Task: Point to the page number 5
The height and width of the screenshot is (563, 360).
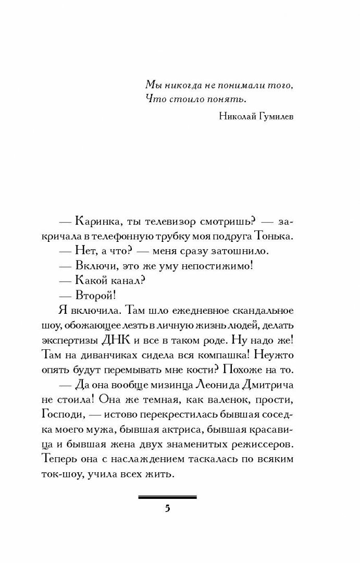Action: click(x=167, y=509)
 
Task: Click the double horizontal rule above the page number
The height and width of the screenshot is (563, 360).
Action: click(x=167, y=497)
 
